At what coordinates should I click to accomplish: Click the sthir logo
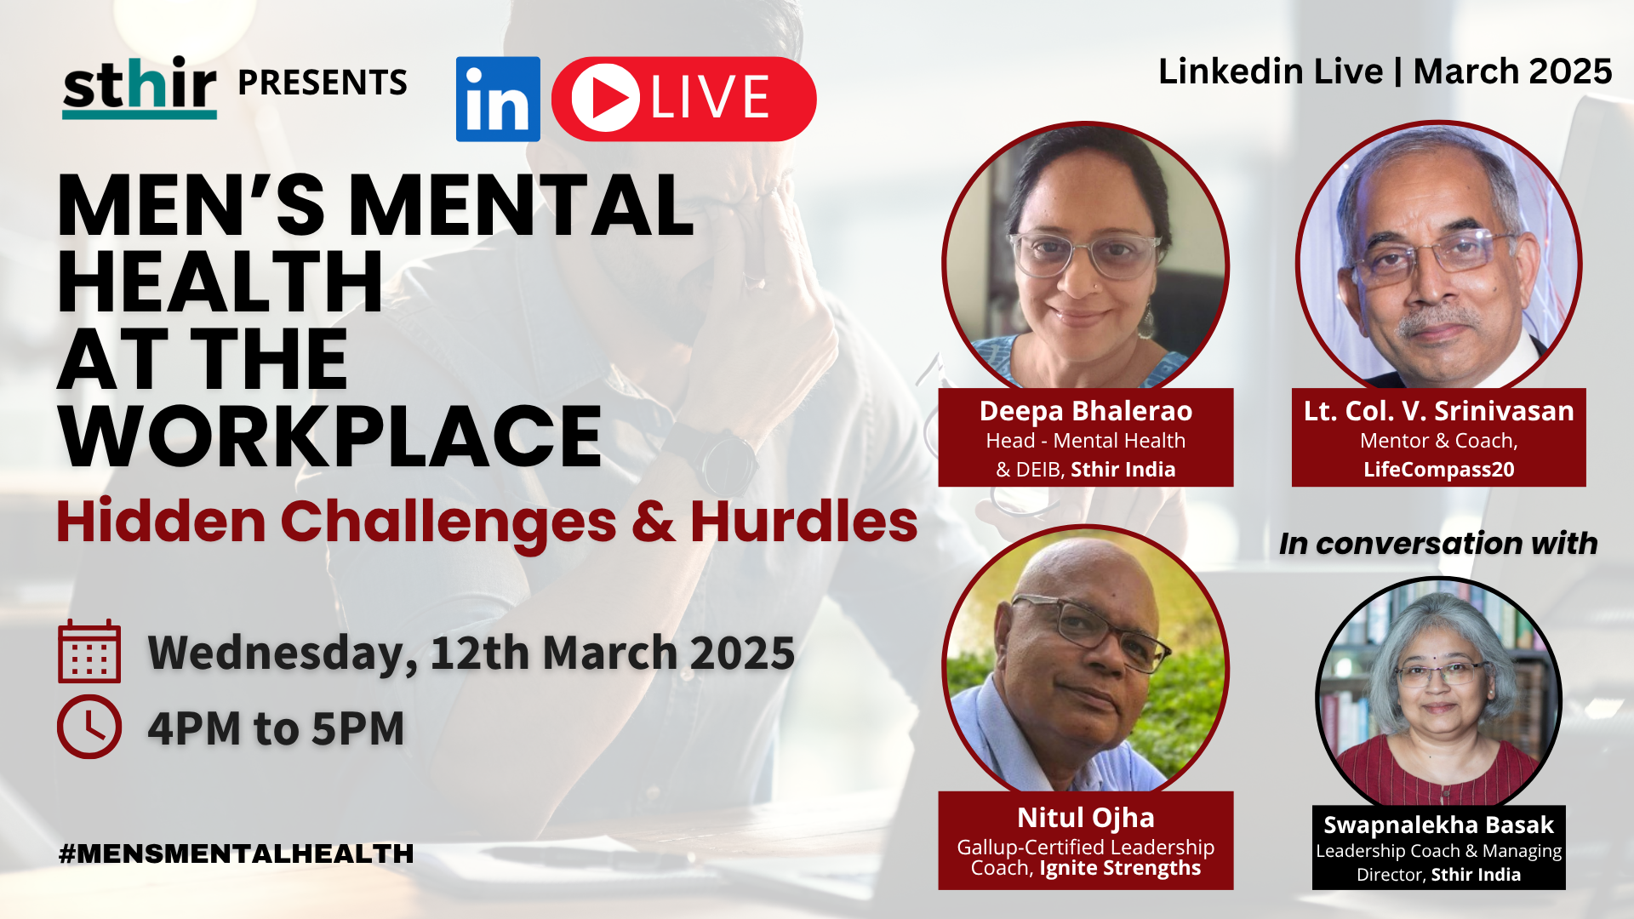(140, 87)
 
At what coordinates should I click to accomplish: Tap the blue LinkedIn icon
(498, 99)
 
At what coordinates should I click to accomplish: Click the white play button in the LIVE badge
(605, 99)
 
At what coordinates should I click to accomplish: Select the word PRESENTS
(323, 83)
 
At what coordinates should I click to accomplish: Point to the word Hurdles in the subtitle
(803, 521)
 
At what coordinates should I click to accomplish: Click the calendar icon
(89, 652)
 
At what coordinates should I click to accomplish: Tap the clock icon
(89, 727)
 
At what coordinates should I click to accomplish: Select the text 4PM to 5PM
(276, 728)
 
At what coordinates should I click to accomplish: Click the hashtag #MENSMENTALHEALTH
(237, 853)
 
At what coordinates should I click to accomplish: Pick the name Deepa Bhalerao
(1085, 411)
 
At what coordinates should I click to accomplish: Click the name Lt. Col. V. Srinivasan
(1438, 411)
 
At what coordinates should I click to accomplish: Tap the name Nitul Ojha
(1085, 818)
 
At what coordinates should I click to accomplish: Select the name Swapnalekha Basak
(1438, 825)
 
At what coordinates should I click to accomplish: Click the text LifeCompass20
(1438, 470)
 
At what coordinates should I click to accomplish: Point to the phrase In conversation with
(1438, 544)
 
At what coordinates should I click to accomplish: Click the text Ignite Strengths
(1120, 868)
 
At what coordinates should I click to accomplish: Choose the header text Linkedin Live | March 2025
(1385, 71)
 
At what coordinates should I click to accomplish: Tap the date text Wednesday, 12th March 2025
(471, 653)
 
